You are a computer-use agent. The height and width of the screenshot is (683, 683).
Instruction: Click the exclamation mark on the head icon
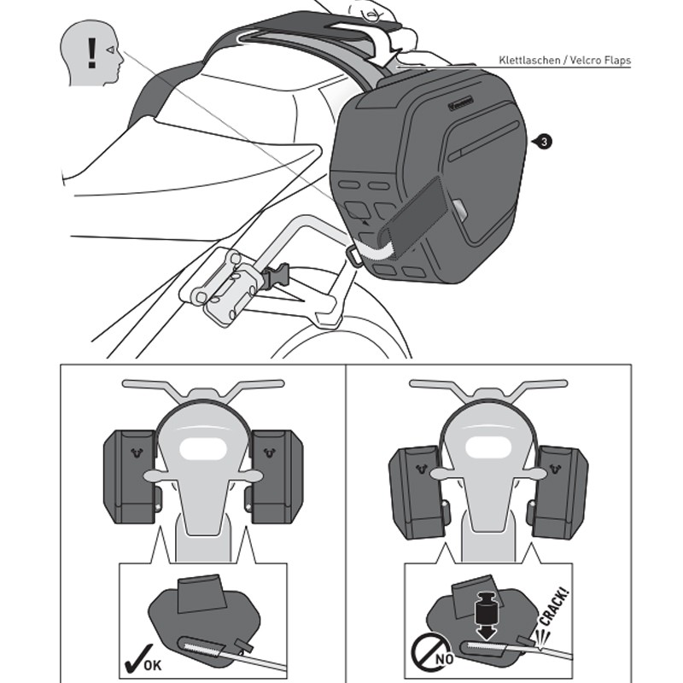click(91, 53)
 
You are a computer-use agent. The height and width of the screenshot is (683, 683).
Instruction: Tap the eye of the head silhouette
click(111, 50)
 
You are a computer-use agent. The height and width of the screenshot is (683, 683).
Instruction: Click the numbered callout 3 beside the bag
click(544, 142)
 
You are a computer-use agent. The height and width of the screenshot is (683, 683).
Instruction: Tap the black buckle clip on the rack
click(276, 276)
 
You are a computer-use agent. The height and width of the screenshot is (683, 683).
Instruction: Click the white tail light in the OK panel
click(203, 449)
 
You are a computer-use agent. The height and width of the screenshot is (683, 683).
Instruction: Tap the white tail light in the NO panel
click(487, 449)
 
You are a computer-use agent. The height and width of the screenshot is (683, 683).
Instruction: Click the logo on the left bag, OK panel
click(137, 453)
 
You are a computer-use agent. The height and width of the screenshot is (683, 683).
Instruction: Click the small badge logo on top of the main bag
click(460, 103)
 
